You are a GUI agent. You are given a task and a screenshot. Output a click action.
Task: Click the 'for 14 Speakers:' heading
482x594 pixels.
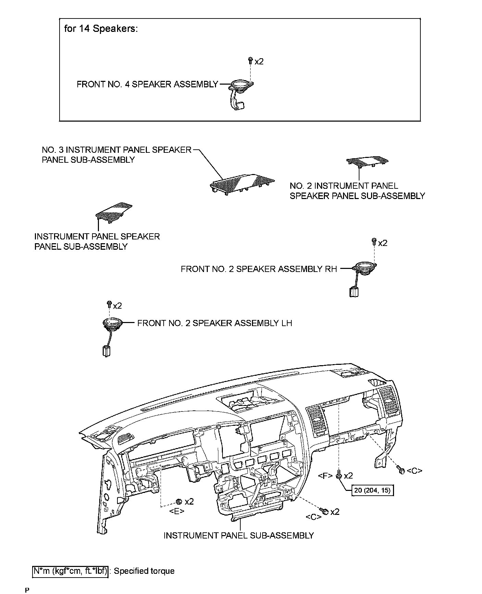(101, 28)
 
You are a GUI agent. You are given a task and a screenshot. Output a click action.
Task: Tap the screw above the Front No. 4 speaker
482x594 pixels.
(250, 61)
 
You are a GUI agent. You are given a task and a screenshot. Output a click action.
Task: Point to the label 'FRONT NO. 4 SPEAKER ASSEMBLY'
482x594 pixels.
(147, 84)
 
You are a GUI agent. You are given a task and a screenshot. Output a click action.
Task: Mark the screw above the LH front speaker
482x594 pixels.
(109, 304)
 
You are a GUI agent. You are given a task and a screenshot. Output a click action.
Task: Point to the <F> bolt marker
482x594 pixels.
(339, 475)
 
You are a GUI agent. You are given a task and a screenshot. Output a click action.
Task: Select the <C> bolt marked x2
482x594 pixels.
(325, 511)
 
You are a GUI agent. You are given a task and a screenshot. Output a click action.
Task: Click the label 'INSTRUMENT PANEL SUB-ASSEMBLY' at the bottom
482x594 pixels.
(239, 535)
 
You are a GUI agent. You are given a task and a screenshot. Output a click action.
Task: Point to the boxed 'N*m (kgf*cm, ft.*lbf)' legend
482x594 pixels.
(71, 571)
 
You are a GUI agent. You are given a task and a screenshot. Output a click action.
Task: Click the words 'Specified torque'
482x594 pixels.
(144, 571)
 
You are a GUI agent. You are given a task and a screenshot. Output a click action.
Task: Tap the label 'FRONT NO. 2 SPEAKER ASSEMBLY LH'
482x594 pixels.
(215, 323)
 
